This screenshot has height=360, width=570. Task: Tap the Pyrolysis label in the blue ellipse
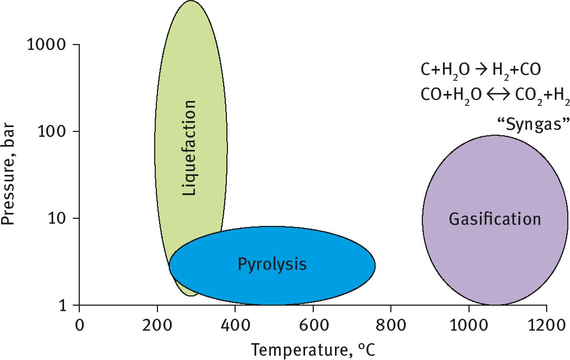(272, 264)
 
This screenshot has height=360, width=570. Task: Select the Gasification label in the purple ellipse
(495, 219)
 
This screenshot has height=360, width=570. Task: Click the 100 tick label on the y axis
(53, 131)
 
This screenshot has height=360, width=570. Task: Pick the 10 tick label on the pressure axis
(58, 218)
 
